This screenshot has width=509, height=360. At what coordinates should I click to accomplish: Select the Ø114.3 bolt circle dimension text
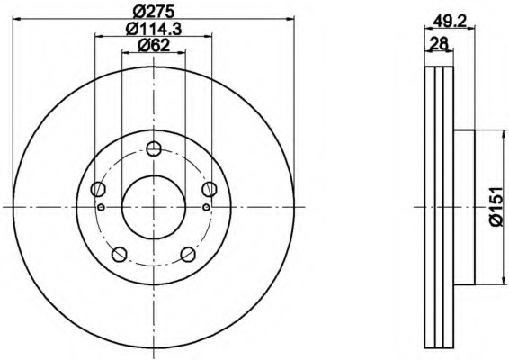click(152, 31)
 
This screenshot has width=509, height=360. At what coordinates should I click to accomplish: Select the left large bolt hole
click(99, 189)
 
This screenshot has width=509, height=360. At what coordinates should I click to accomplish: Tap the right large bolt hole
click(209, 189)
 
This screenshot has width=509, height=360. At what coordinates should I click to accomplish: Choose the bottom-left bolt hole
click(120, 253)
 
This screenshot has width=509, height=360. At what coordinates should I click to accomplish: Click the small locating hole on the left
click(101, 208)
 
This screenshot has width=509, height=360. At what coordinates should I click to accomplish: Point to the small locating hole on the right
click(206, 208)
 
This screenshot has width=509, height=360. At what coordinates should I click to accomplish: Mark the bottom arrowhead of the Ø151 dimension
click(501, 280)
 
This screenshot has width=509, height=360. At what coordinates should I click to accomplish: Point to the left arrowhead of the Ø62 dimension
click(125, 56)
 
